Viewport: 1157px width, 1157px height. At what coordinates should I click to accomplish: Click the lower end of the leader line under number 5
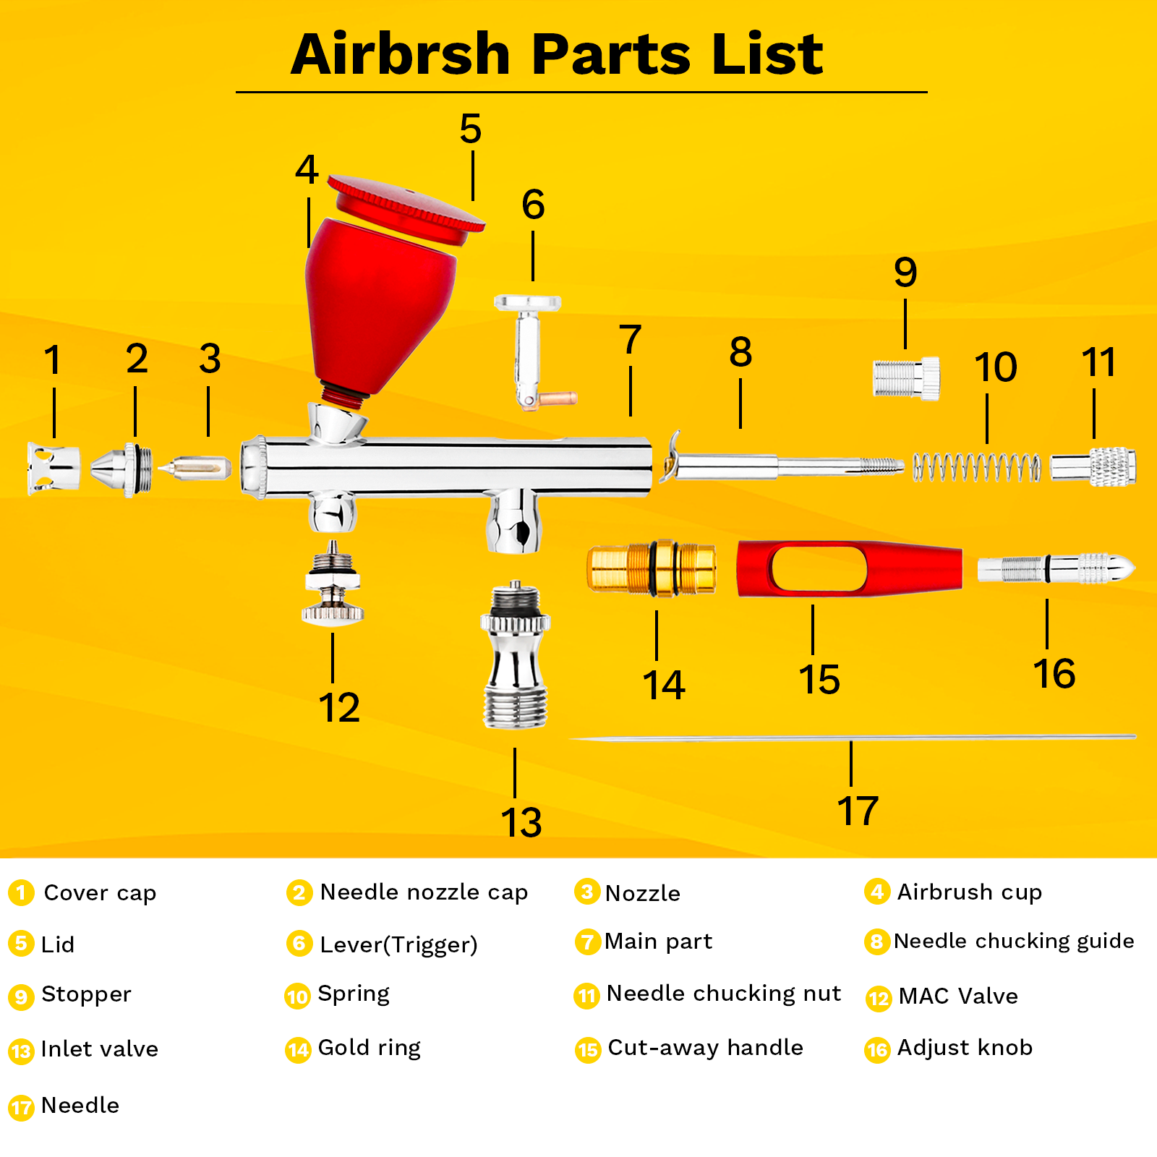473,200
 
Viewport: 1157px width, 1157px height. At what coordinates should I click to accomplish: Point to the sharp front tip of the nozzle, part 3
159,468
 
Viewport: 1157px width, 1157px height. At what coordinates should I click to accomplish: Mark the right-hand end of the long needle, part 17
1136,737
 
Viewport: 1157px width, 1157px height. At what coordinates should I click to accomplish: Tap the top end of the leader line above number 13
515,748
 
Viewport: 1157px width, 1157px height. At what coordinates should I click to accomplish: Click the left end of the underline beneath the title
236,92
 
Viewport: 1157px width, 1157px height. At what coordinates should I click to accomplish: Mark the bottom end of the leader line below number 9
905,349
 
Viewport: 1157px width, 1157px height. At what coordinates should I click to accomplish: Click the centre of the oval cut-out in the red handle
819,568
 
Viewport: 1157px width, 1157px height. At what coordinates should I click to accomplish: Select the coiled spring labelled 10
976,467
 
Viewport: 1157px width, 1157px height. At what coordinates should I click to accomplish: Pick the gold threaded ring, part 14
652,568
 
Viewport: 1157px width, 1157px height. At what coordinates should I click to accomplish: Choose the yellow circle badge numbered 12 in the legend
879,999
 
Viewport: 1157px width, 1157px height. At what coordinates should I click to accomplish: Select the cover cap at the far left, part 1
54,469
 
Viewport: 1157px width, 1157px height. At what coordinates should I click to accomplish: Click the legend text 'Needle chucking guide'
1014,942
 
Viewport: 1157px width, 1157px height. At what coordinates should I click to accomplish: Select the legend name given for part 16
965,1048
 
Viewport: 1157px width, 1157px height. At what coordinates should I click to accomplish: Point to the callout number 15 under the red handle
819,680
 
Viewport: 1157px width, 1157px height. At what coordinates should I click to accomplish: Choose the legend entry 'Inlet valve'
100,1049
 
